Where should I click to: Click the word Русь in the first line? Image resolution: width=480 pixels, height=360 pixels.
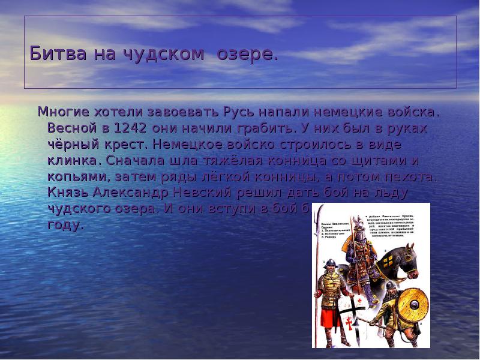tap(241, 112)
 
